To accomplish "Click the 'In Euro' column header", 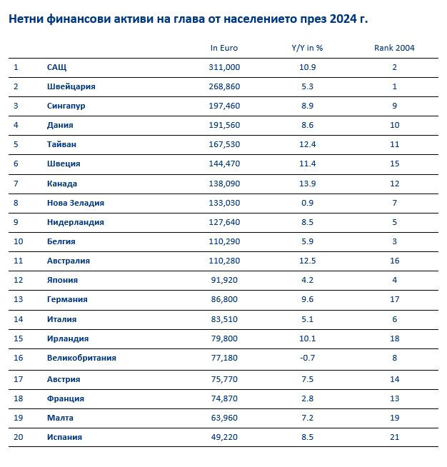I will coord(224,48).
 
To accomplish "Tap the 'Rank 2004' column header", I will coord(394,48).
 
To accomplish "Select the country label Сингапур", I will coord(68,106).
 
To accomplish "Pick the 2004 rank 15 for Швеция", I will coord(394,164).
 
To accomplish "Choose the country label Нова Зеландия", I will coord(75,203).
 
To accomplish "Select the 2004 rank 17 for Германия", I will coord(394,300).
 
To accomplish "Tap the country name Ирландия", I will coord(67,338).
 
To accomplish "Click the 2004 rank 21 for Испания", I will coord(394,437).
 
